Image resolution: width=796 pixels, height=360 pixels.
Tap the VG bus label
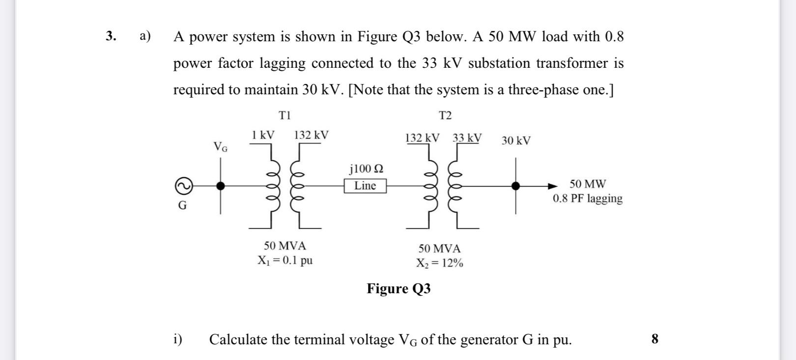click(220, 146)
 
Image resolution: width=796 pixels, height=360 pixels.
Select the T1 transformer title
click(285, 115)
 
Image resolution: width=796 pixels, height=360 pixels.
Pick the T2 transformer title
click(445, 116)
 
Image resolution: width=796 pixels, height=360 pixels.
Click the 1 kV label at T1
click(263, 135)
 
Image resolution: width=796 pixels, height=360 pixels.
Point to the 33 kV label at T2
click(467, 138)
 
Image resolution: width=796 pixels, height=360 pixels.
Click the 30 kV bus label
click(516, 141)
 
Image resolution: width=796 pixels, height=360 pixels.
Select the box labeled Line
click(365, 186)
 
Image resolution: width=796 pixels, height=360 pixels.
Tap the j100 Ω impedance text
click(367, 169)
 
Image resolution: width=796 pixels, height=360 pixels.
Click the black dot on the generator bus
click(221, 186)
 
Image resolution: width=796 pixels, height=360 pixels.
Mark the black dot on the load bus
click(515, 186)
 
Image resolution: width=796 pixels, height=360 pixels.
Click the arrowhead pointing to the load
click(553, 186)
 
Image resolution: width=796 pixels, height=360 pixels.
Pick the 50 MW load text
click(588, 184)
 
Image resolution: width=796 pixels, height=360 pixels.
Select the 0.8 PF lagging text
click(588, 198)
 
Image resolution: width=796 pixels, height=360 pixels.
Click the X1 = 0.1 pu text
click(285, 260)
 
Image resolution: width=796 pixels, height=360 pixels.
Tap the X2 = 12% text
click(439, 263)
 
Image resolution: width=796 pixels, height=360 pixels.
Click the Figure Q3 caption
click(398, 288)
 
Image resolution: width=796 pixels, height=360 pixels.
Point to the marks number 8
click(654, 339)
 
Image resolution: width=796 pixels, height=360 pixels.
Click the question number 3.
click(111, 36)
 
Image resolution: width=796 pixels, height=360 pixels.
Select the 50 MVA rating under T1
click(285, 246)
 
